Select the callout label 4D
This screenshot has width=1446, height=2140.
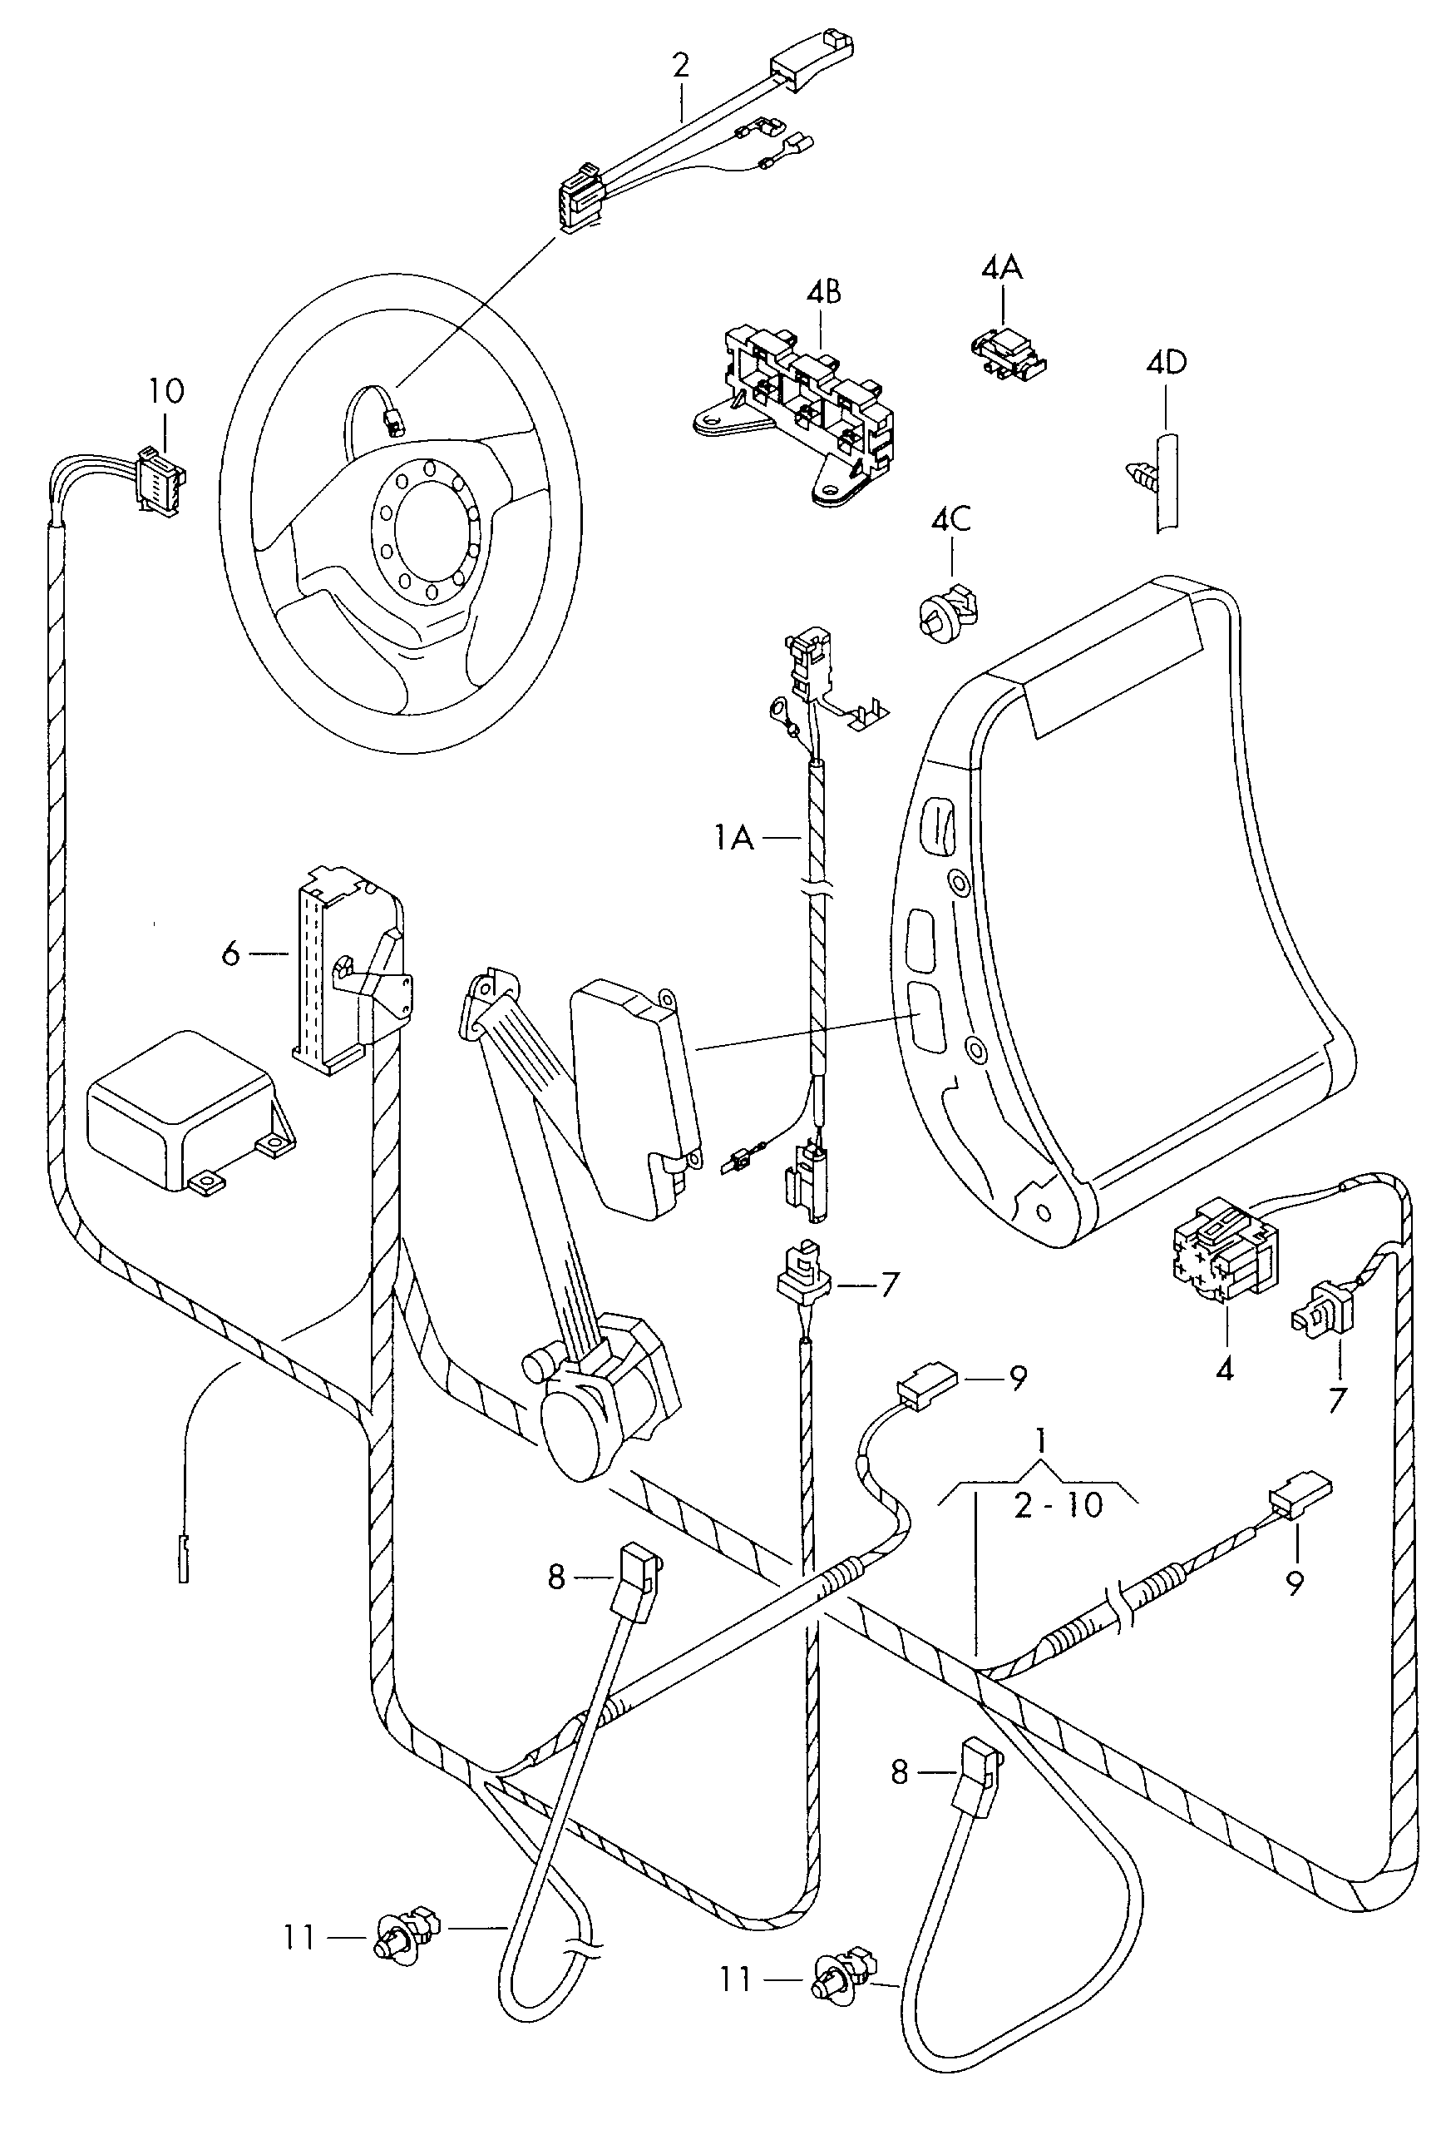coord(1166,362)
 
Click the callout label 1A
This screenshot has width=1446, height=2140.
coord(733,838)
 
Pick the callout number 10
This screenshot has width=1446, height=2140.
coord(166,391)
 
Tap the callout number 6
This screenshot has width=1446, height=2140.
coord(231,955)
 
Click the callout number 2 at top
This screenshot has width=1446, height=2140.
coord(681,66)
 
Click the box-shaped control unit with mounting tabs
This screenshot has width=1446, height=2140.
coord(189,1112)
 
